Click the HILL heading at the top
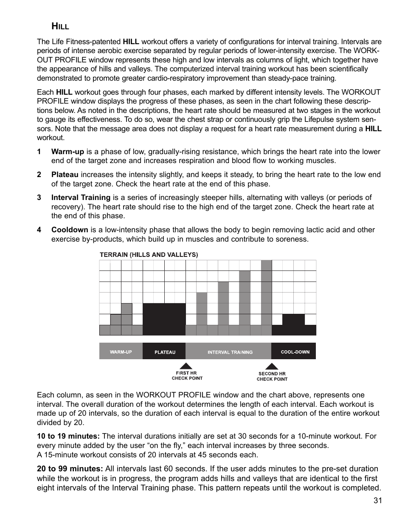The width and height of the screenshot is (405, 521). pos(60,27)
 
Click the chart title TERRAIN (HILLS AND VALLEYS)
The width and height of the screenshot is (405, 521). pos(149,255)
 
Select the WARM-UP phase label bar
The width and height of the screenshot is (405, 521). pos(121,352)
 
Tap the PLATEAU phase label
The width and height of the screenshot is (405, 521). pos(164,352)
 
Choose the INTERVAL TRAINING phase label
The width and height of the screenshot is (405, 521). pos(230,352)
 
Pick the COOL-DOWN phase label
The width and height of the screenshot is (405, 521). pos(295,352)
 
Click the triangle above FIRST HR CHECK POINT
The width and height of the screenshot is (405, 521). pos(186,366)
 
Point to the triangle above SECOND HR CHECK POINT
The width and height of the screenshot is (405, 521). pos(272,366)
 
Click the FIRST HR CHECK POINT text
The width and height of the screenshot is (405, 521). pos(187,376)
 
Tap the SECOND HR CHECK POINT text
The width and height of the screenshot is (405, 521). pos(272,377)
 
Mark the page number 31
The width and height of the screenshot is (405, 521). pos(378,501)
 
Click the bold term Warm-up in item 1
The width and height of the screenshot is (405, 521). pos(67,152)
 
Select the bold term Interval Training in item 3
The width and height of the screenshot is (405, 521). pos(81,197)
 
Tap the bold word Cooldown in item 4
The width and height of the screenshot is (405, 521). pos(70,230)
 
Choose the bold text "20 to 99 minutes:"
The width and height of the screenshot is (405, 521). pos(70,469)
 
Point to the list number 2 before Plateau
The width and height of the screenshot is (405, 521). pos(39,175)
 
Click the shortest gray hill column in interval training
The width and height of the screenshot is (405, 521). pos(202,309)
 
